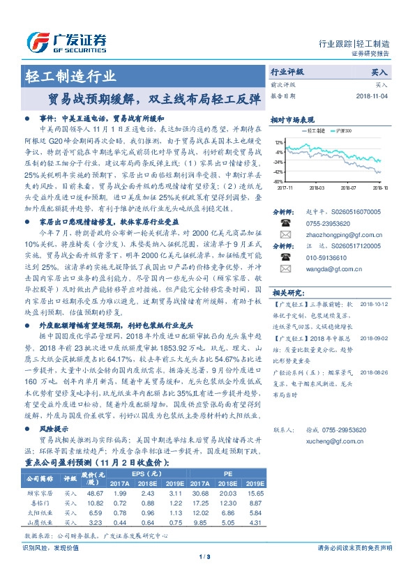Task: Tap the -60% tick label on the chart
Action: pyautogui.click(x=278, y=181)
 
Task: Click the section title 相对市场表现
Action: pyautogui.click(x=292, y=119)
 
